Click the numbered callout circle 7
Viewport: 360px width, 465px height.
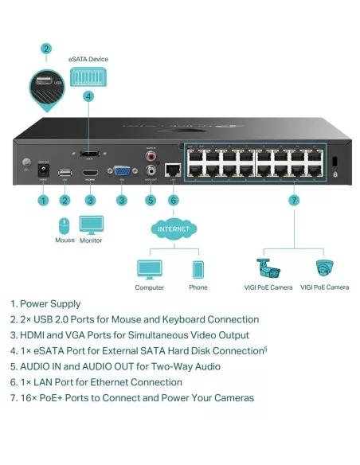(294, 201)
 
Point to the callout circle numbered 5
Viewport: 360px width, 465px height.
(151, 201)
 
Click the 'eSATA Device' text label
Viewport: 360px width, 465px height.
(88, 59)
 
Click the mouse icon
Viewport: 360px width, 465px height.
(65, 225)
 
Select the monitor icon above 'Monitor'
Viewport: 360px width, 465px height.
(91, 224)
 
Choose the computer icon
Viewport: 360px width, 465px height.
(149, 268)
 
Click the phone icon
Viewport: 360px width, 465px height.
(198, 268)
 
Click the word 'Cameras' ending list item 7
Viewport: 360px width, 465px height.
(233, 397)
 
